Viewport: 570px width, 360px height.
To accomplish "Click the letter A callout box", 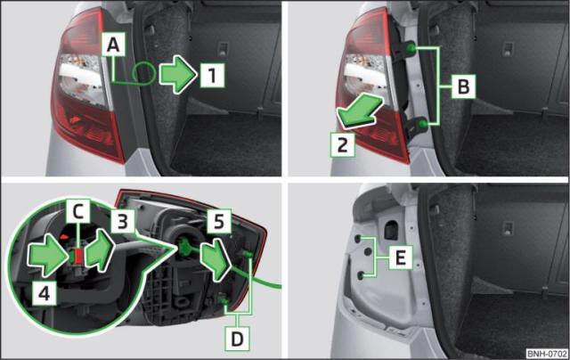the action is (x=113, y=45).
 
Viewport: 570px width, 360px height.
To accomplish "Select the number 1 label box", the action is (x=212, y=75).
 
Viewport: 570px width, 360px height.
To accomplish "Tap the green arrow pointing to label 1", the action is (x=178, y=75).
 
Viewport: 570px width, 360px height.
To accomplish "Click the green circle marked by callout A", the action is (x=144, y=73).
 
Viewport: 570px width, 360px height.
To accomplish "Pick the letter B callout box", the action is (x=463, y=86).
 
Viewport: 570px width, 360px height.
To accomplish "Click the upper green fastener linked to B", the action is (x=411, y=47).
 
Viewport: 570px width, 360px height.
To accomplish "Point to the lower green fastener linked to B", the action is (x=422, y=124).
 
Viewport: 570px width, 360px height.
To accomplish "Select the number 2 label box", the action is (x=342, y=144).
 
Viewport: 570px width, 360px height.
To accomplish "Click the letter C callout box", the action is (x=77, y=211).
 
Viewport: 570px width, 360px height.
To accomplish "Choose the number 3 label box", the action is (x=123, y=221).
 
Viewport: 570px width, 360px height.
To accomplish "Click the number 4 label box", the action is (x=44, y=293).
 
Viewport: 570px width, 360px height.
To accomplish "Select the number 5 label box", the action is (x=219, y=221).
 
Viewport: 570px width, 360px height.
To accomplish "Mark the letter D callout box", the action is (x=237, y=339).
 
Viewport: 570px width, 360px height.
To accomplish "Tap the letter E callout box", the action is (x=400, y=258).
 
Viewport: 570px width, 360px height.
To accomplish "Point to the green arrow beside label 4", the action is (x=47, y=255).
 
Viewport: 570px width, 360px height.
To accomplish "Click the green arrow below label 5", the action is (x=216, y=259).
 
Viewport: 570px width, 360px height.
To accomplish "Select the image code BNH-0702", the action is (x=547, y=354).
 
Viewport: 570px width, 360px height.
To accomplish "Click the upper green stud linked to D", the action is (x=248, y=254).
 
